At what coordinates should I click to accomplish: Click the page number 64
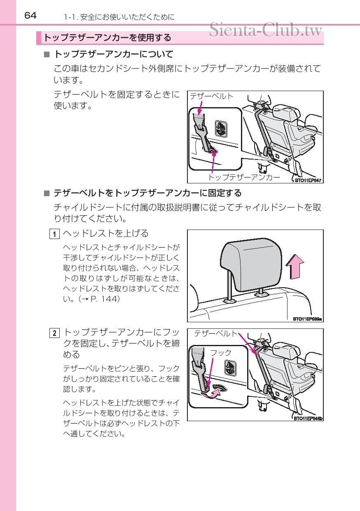[30, 16]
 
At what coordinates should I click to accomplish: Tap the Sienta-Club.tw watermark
[266, 30]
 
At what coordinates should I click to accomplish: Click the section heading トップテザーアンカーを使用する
[107, 38]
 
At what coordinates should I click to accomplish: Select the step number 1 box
[54, 234]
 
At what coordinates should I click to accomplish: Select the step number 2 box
[54, 333]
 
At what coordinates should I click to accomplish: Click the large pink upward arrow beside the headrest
[295, 267]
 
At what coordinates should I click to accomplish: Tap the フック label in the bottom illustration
[221, 353]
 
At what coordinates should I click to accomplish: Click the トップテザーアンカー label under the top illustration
[244, 177]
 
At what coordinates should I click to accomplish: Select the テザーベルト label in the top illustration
[211, 96]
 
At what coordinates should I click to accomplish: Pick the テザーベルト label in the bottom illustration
[216, 333]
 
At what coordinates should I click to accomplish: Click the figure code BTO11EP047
[308, 180]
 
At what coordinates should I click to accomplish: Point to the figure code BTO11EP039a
[307, 319]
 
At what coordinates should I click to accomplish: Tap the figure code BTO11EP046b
[308, 418]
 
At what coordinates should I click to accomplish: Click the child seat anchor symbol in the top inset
[221, 129]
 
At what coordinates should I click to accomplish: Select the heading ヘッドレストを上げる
[106, 234]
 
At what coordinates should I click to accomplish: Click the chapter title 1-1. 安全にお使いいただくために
[119, 17]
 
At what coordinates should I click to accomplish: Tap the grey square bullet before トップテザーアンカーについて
[47, 54]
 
